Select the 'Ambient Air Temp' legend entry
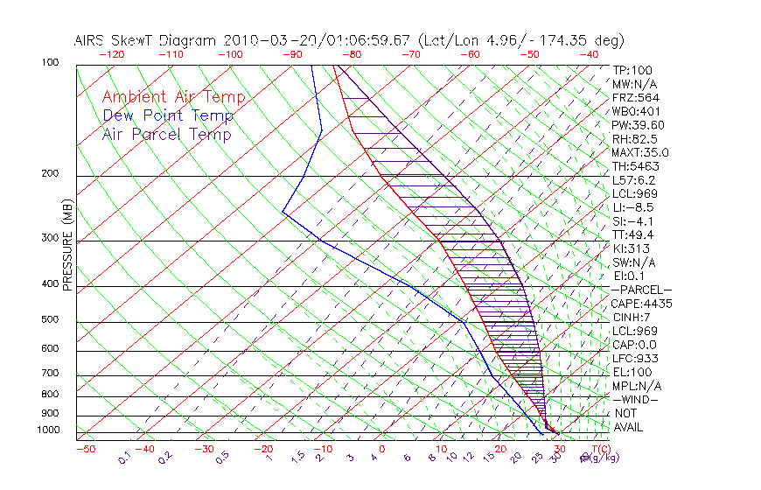(173, 97)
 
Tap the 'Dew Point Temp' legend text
(168, 115)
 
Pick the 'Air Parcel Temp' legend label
(166, 134)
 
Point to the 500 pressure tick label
(51, 319)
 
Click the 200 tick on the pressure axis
(51, 173)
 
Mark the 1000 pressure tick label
(48, 430)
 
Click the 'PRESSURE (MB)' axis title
(67, 246)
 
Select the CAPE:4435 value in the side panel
(641, 304)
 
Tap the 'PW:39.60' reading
(638, 125)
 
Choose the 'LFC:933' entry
(635, 358)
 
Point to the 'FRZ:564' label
(635, 98)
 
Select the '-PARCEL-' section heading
(641, 290)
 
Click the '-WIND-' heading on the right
(636, 399)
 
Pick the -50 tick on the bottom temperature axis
(85, 449)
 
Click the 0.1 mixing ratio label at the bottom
(124, 458)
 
